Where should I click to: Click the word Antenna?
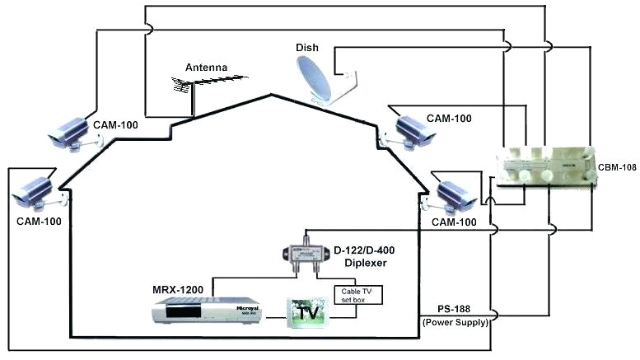[x=205, y=67]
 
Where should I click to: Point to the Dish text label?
[x=307, y=48]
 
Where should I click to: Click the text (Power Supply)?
[x=455, y=322]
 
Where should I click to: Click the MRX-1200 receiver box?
[x=189, y=312]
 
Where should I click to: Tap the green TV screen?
[x=306, y=314]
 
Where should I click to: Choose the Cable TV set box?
[x=357, y=294]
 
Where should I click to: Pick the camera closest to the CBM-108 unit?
[x=453, y=194]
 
